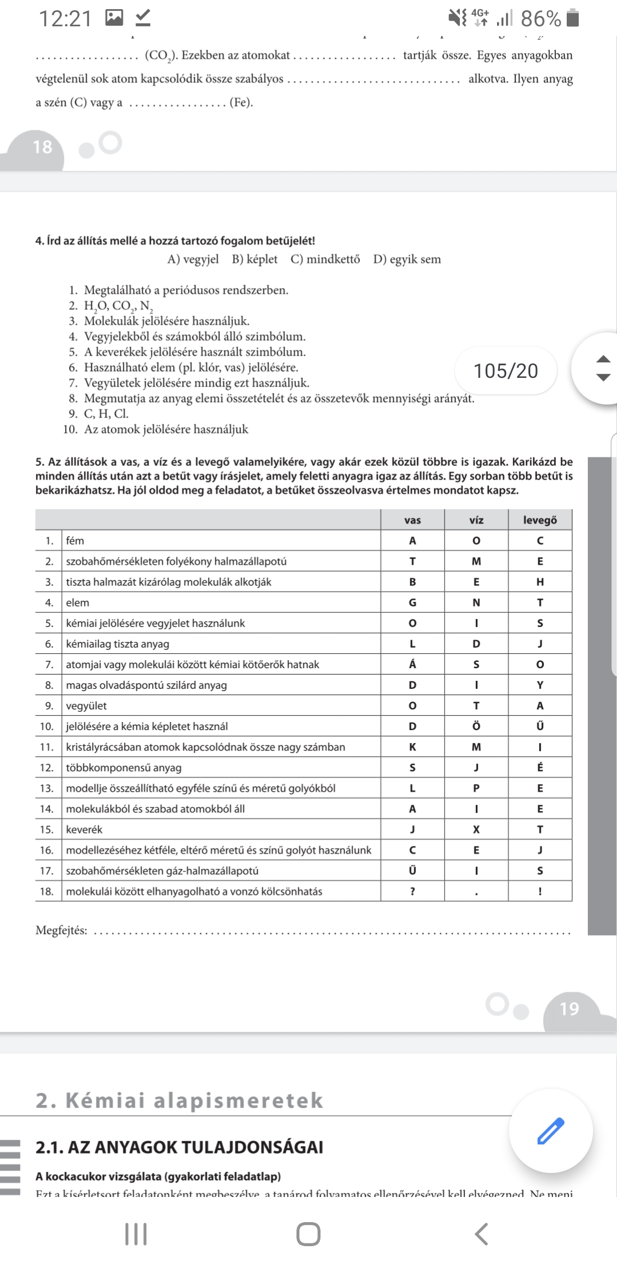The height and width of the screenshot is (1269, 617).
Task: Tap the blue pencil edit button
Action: tap(551, 1131)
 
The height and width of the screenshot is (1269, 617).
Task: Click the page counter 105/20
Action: tap(506, 371)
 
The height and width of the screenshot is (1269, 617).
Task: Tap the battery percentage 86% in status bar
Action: tap(540, 19)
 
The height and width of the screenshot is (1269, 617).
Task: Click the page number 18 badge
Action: tap(42, 147)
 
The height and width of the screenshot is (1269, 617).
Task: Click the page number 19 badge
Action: tap(569, 1008)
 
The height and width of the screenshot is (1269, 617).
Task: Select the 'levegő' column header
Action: tap(540, 520)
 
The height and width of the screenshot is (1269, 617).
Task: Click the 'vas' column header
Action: tap(412, 520)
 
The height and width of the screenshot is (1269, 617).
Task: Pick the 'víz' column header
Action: tap(476, 520)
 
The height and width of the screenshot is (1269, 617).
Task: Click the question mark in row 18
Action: tap(412, 891)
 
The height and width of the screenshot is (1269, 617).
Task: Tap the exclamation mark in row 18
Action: tap(540, 891)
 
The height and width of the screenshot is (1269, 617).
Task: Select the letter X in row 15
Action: tap(476, 829)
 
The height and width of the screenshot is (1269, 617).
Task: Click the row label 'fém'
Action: tap(75, 541)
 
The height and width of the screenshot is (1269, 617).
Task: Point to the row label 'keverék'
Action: tap(84, 829)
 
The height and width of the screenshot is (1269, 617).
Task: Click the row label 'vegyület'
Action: tap(86, 706)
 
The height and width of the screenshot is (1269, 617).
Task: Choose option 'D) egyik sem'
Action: tap(407, 260)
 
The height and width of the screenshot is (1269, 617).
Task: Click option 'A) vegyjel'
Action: tap(193, 260)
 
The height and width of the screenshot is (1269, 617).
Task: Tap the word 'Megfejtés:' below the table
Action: tap(61, 931)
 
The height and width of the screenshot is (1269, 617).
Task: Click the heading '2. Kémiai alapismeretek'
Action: tap(179, 1100)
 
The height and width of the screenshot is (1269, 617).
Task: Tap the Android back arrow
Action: tap(482, 1234)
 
